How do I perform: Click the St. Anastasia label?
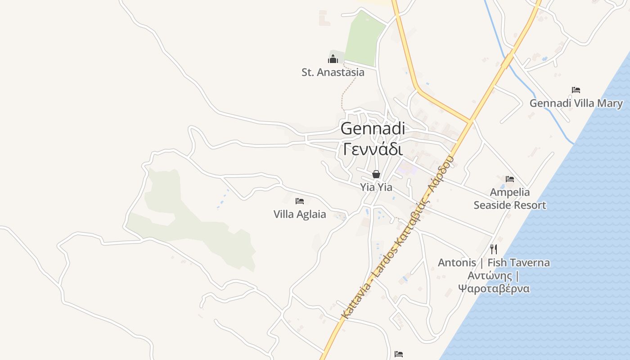[x=333, y=72]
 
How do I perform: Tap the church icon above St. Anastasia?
[x=333, y=58]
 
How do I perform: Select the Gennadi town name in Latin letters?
[x=373, y=129]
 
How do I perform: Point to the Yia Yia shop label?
[x=376, y=187]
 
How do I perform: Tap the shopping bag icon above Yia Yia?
[x=376, y=174]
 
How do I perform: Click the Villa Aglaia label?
[x=300, y=214]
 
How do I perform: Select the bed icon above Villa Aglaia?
[x=300, y=201]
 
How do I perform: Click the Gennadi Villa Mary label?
[x=576, y=103]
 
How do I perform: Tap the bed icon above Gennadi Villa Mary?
[x=576, y=90]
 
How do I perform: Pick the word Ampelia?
[x=510, y=193]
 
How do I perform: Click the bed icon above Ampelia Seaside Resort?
[x=510, y=179]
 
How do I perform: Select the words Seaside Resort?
[x=510, y=206]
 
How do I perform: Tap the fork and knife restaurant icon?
[x=494, y=249]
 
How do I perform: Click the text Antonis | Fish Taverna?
[x=494, y=263]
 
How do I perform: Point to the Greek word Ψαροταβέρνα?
[x=494, y=288]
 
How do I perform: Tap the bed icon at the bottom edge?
[x=399, y=354]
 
